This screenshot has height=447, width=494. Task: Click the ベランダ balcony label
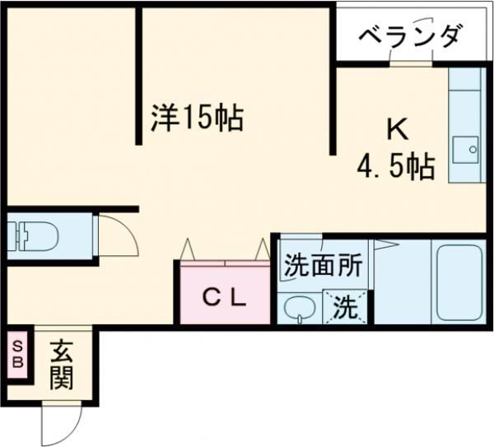coord(410,36)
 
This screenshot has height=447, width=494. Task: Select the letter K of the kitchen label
coord(397,129)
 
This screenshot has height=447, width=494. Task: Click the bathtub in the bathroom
coord(459,282)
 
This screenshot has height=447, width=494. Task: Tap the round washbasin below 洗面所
coord(298,309)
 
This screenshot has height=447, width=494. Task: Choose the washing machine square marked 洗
coord(346,309)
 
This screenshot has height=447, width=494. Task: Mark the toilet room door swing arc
coord(115,236)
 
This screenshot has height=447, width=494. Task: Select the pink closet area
coord(222,295)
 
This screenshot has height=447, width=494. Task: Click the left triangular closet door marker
coord(186,248)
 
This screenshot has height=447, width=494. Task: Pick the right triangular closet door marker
coord(262,248)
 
